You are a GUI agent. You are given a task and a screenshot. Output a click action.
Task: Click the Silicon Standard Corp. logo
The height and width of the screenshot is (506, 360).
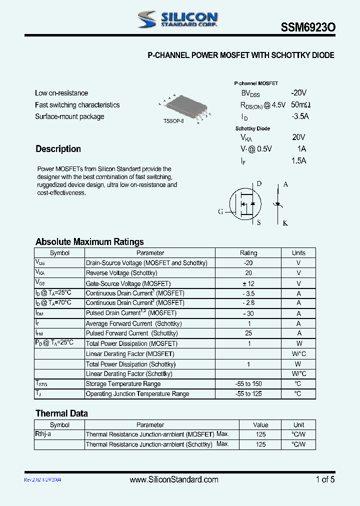coord(177,19)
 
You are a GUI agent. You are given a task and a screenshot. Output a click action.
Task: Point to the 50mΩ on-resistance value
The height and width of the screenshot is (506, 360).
coord(300,105)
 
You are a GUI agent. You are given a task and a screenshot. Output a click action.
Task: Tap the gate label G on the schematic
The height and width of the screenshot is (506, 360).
coord(220,211)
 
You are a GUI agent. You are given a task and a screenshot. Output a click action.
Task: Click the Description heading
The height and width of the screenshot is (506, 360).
coord(58,149)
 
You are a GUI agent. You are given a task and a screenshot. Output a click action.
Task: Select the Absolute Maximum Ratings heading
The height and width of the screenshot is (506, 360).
coord(89,242)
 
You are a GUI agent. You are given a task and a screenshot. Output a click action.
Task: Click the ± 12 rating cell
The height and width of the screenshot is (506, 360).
coord(248,283)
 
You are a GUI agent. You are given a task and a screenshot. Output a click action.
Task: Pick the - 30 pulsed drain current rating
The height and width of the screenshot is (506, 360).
coord(248,313)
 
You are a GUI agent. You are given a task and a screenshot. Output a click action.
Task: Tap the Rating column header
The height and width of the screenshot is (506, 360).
coord(248,253)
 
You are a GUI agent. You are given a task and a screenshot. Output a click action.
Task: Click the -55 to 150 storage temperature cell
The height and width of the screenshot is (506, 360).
coord(248,384)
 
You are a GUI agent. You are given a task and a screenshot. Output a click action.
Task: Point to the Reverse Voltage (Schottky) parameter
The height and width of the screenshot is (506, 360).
coord(121,273)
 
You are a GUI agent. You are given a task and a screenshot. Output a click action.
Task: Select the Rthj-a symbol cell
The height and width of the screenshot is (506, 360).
coord(43,434)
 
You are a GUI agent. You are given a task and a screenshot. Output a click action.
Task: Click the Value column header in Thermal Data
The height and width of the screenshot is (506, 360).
coord(260,425)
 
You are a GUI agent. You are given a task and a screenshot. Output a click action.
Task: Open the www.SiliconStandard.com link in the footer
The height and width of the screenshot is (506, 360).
coord(174,479)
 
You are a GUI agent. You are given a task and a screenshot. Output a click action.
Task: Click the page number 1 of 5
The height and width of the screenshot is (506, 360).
coord(325,479)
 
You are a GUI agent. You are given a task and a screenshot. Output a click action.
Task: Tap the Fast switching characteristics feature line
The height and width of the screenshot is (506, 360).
coord(77,105)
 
